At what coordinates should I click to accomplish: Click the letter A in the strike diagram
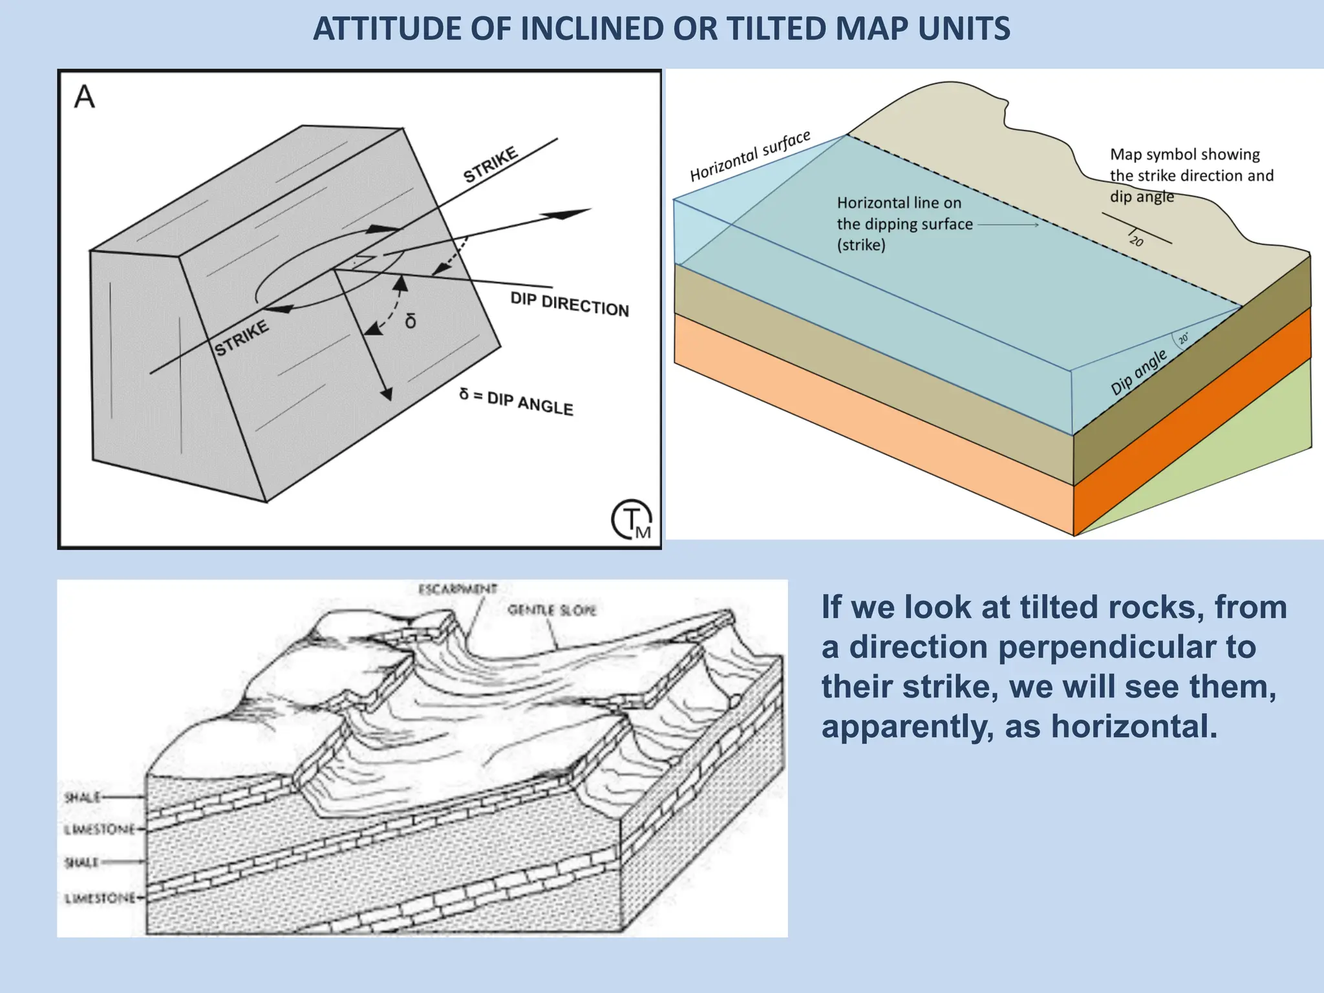[x=85, y=98]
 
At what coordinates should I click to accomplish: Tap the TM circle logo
[x=632, y=519]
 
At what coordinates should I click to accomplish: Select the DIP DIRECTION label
[x=569, y=304]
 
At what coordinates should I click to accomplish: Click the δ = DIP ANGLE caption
[x=516, y=401]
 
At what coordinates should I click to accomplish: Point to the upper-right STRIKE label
[x=491, y=164]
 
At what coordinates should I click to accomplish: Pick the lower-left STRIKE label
[x=242, y=338]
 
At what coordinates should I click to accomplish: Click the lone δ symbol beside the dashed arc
[x=411, y=321]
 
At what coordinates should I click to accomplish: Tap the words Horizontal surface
[x=750, y=156]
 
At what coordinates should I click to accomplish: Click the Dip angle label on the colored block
[x=1138, y=372]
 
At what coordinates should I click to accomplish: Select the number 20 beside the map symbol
[x=1137, y=241]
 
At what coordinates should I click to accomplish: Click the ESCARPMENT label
[x=458, y=589]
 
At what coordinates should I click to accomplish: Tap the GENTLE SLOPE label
[x=551, y=610]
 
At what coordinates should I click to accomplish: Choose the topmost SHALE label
[x=83, y=797]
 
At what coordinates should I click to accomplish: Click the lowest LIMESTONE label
[x=100, y=898]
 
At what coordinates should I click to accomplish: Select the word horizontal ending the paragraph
[x=1134, y=726]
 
